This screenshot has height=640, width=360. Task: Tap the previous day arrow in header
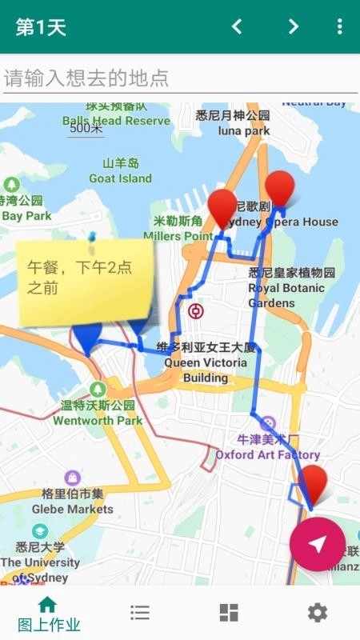point(237,26)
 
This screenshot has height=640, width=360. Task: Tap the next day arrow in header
point(294,26)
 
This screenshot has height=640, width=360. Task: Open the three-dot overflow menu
point(339,26)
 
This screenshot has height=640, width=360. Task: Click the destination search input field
point(179,78)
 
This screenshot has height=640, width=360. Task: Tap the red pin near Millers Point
point(222,208)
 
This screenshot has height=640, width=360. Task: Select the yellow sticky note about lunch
point(86,282)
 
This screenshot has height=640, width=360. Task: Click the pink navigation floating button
point(318,544)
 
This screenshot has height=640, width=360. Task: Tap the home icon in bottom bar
point(48,606)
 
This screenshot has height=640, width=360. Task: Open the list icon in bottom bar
point(140,613)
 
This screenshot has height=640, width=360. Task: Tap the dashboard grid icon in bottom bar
point(229,613)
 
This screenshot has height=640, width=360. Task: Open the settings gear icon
point(318,613)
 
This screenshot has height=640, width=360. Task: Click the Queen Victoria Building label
point(206,362)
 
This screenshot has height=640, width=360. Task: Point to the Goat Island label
point(120,171)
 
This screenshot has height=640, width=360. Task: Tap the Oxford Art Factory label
point(267,447)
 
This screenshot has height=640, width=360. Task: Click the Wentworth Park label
point(98,413)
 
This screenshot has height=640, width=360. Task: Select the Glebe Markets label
point(73,502)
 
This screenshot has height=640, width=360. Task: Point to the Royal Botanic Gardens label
point(286,288)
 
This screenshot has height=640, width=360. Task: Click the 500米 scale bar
point(86,129)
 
